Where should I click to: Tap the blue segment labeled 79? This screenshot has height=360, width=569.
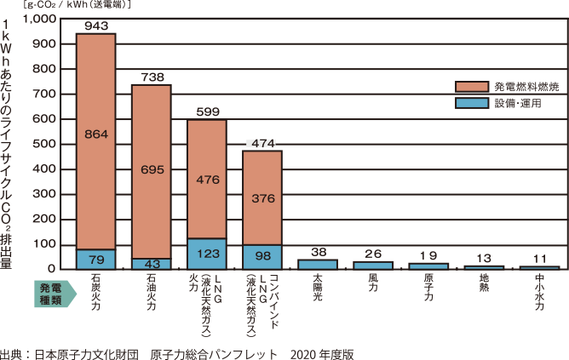click(x=96, y=259)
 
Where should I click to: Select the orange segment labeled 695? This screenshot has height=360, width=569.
click(x=152, y=170)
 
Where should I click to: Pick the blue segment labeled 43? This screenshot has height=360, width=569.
click(x=152, y=263)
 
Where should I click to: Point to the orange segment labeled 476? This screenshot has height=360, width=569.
click(x=207, y=179)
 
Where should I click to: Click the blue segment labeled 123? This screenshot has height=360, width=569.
click(x=207, y=254)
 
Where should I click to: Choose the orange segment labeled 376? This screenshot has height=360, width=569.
click(x=262, y=197)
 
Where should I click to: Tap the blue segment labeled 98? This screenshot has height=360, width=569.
click(x=262, y=256)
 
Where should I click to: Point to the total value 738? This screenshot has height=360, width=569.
click(x=152, y=77)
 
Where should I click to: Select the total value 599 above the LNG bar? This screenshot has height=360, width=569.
click(x=207, y=111)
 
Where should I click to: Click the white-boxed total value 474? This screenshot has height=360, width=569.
click(x=262, y=143)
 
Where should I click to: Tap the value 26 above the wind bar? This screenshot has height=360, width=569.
click(x=373, y=254)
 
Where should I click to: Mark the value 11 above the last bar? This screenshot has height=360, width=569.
click(x=539, y=258)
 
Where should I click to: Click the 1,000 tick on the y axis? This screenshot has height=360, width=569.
click(x=39, y=19)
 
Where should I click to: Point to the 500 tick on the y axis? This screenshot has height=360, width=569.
click(x=43, y=144)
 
